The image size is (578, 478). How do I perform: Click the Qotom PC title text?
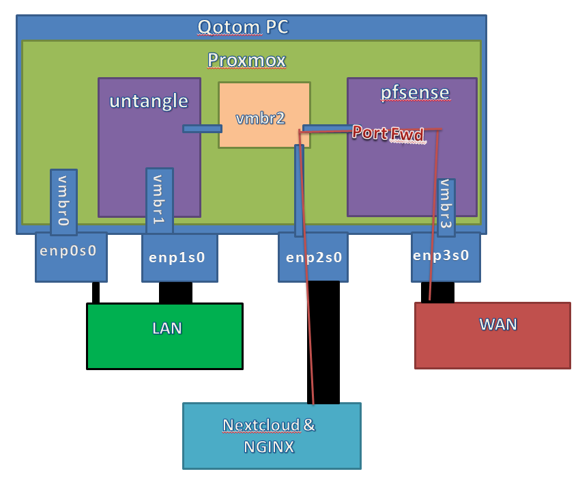(243, 27)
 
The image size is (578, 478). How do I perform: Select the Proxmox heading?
(246, 60)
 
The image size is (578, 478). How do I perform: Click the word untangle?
(149, 101)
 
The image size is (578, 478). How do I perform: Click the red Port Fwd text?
(388, 133)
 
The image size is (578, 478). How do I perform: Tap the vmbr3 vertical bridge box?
(446, 206)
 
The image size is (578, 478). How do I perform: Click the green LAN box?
(164, 336)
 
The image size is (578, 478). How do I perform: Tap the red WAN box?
(492, 335)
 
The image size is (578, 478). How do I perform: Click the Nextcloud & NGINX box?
(271, 436)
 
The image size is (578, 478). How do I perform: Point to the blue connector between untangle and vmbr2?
(202, 128)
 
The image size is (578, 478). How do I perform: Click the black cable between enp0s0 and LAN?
(96, 292)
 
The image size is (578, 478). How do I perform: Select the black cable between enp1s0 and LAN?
(175, 292)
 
